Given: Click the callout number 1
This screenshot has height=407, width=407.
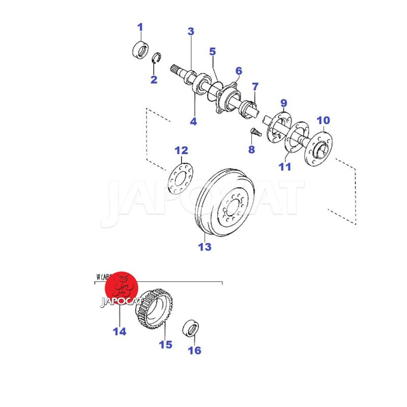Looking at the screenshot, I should (x=140, y=27).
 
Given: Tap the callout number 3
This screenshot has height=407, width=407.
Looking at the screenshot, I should (x=191, y=32).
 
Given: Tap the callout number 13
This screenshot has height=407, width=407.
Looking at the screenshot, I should (x=205, y=247).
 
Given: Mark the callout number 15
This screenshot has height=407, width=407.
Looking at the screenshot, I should (x=165, y=344).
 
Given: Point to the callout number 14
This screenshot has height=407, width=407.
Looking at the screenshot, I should (x=120, y=332).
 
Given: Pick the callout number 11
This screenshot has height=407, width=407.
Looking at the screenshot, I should (x=285, y=166).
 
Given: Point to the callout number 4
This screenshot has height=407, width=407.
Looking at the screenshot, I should (x=193, y=122).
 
